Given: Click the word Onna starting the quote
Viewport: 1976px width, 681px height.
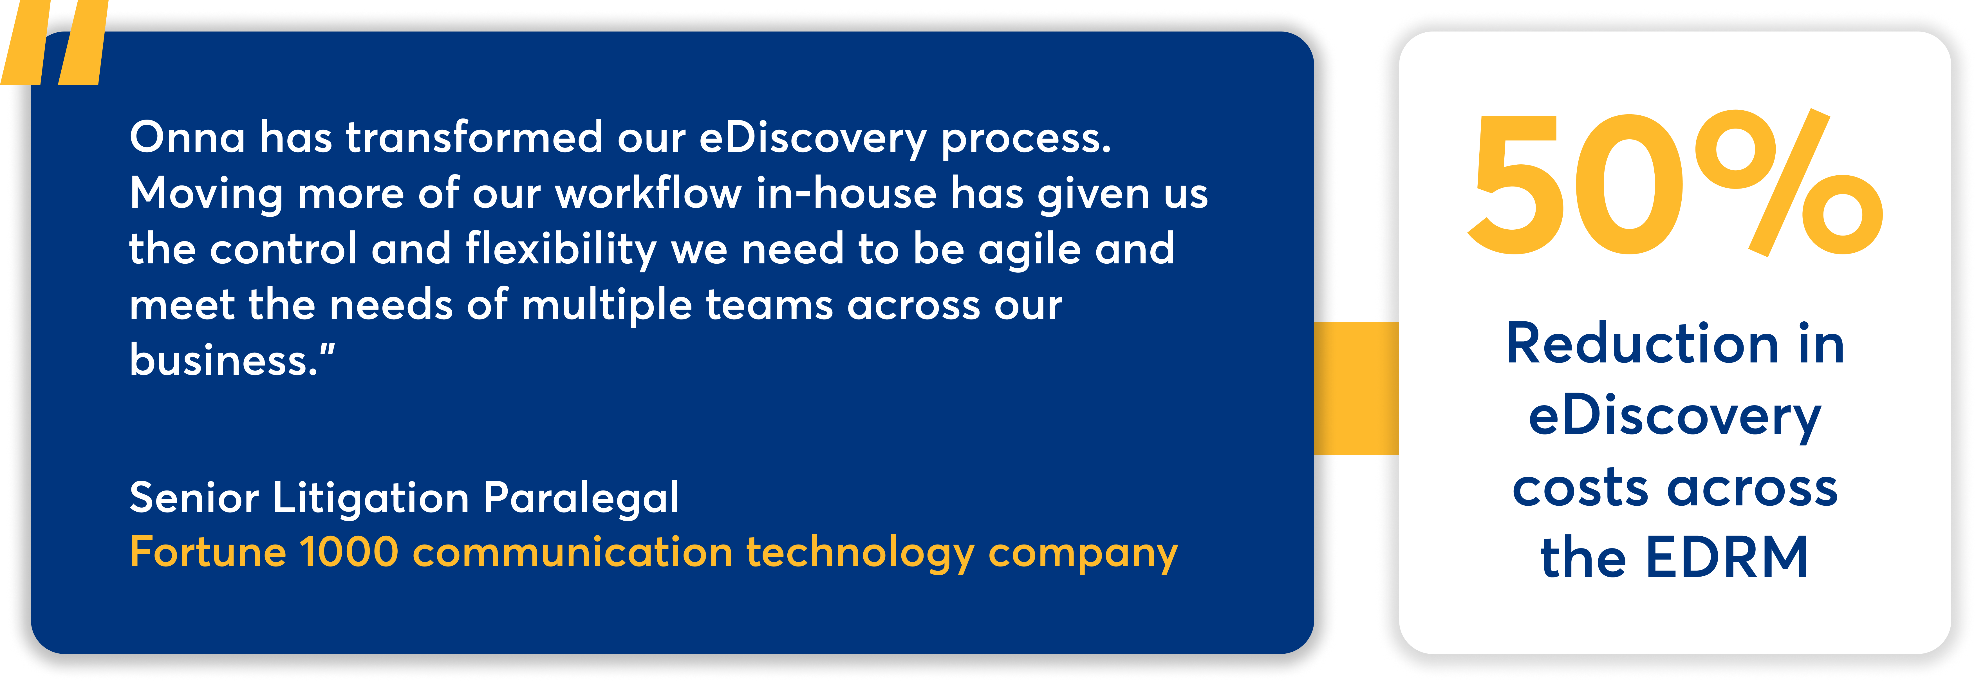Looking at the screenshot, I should [187, 138].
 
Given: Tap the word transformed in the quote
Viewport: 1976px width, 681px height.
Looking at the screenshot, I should [474, 138].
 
